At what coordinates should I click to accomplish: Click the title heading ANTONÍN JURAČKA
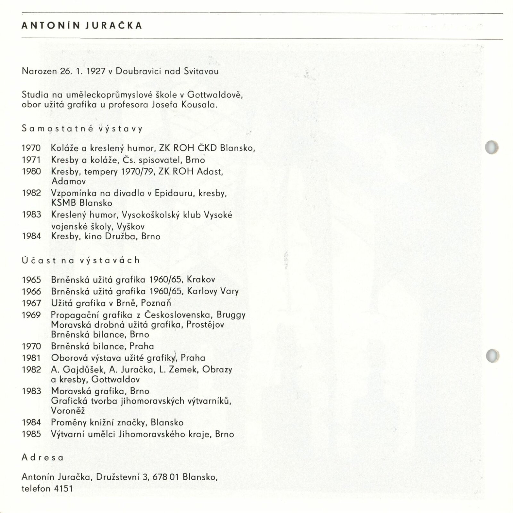(82, 26)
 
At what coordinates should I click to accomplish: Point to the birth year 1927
(96, 71)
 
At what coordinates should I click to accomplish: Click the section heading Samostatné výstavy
(82, 129)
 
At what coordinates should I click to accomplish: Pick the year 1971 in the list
(31, 160)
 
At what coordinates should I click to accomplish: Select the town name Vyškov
(130, 227)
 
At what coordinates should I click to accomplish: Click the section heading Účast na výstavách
(81, 260)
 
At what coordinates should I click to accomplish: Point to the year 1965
(31, 280)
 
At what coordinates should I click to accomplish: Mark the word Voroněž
(68, 411)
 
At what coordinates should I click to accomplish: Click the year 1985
(31, 434)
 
